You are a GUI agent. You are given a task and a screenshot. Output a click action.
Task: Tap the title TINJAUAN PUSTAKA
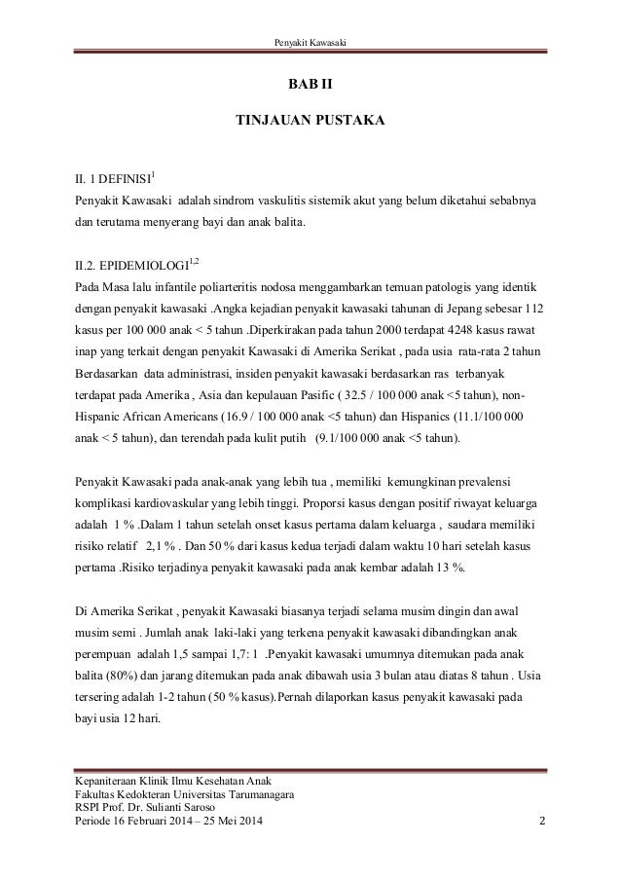click(x=310, y=124)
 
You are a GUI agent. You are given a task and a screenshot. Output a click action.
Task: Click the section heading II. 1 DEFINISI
click(x=117, y=178)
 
